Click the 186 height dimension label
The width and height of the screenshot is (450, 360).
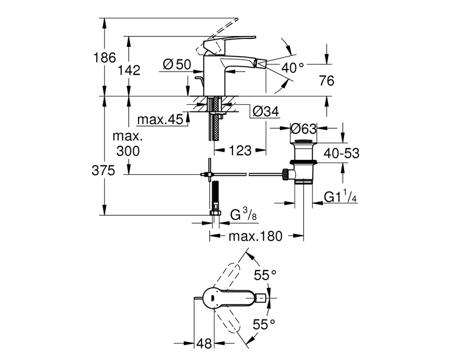click(105, 58)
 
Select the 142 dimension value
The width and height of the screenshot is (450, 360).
click(129, 70)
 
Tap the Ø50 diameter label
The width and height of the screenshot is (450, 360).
click(177, 64)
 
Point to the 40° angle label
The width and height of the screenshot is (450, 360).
click(292, 68)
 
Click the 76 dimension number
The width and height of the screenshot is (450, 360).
click(327, 81)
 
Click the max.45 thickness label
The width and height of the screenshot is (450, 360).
click(160, 119)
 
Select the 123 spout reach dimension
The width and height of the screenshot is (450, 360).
click(240, 150)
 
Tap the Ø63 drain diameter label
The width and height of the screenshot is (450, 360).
click(303, 129)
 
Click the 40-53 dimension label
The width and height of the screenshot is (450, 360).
click(342, 153)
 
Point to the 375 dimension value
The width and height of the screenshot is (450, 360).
click(103, 171)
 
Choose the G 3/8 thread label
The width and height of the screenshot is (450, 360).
click(243, 215)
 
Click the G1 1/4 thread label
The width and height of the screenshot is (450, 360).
click(340, 197)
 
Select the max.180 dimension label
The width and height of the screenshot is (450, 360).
click(256, 236)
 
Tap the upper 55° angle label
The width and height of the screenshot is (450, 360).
click(265, 275)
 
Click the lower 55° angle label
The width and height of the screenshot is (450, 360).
click(264, 325)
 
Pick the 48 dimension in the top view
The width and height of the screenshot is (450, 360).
click(204, 343)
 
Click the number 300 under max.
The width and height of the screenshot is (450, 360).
click(128, 151)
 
